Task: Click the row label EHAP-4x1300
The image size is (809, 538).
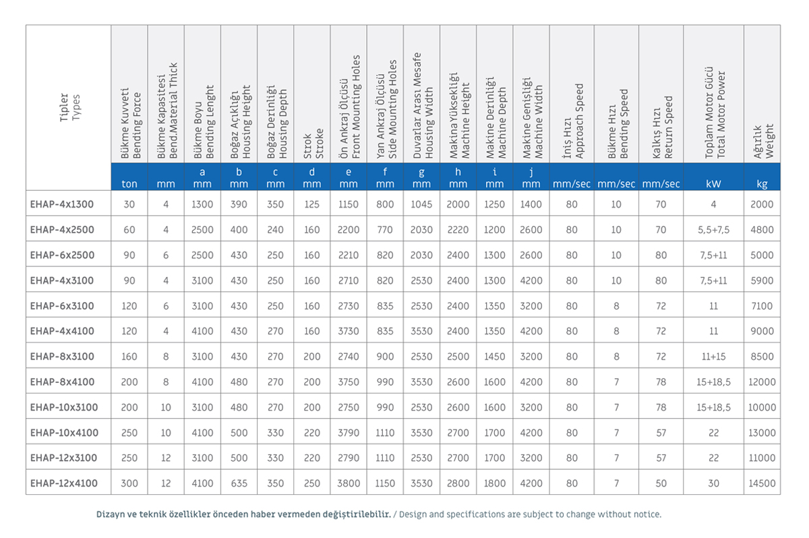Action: point(62,204)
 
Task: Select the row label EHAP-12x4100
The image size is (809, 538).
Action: point(64,483)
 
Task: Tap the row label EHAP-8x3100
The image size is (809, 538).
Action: point(62,357)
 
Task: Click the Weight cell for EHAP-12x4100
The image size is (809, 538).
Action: point(762,483)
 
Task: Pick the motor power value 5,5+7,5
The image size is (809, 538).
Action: point(713,230)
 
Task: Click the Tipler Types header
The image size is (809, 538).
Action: point(69,108)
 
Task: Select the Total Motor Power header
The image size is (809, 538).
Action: point(715,113)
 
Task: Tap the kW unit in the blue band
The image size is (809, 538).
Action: point(713,184)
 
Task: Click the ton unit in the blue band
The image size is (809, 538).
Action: point(129,184)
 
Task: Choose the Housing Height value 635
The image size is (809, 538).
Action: point(239,483)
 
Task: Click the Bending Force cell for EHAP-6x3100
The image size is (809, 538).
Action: point(129,306)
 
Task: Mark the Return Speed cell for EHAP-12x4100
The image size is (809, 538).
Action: point(661,483)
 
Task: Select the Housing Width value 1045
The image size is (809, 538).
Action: point(421,204)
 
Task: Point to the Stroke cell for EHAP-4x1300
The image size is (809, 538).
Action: point(311,204)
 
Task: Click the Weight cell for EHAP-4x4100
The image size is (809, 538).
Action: point(762,331)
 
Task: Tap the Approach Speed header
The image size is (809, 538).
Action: point(573,121)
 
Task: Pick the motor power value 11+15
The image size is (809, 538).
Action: point(713,357)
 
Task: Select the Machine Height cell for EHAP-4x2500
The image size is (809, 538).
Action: point(458,230)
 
